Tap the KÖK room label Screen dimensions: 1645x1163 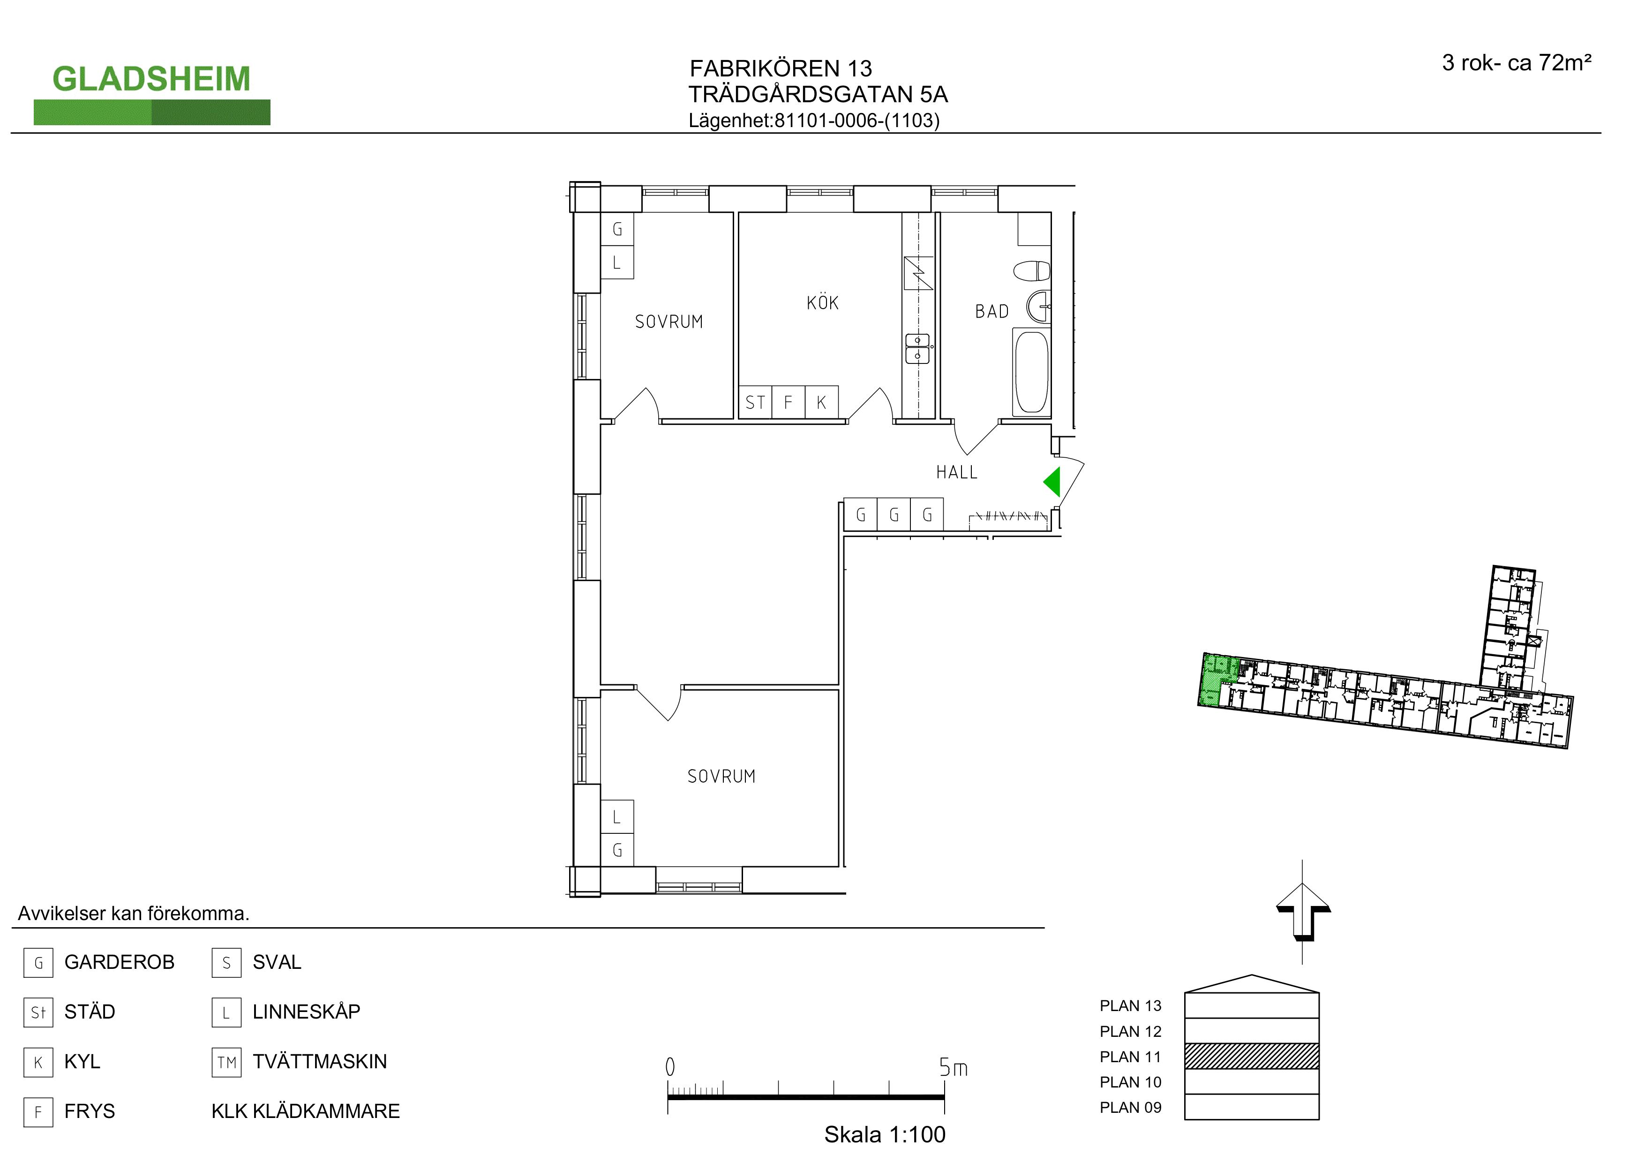822,302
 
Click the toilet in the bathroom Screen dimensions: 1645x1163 1032,272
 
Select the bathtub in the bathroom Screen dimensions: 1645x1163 1032,372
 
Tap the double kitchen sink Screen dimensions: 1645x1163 918,348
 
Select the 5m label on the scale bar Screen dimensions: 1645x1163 953,1068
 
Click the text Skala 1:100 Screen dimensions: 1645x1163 884,1134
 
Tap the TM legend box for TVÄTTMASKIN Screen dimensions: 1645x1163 226,1062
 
